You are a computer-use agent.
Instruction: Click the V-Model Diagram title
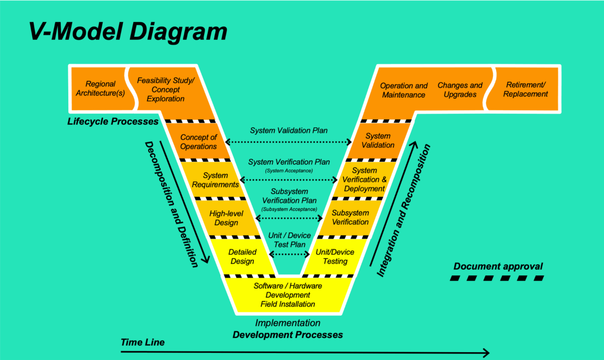[x=128, y=32]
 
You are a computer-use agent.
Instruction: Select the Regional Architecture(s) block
[x=100, y=89]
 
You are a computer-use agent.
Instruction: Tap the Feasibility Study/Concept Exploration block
[x=166, y=90]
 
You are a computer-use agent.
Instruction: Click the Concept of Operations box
[x=198, y=142]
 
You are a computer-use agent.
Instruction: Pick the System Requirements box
[x=216, y=180]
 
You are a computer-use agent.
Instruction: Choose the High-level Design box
[x=226, y=218]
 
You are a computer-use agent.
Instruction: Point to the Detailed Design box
[x=243, y=257]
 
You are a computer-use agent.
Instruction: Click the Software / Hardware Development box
[x=288, y=295]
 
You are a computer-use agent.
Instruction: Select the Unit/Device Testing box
[x=335, y=257]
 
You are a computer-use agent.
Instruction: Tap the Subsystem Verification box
[x=350, y=217]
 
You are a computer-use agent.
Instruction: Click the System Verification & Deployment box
[x=365, y=179]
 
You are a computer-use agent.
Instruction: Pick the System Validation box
[x=378, y=140]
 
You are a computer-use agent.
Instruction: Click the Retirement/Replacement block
[x=525, y=89]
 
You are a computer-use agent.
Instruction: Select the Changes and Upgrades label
[x=460, y=90]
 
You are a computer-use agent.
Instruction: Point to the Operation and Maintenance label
[x=404, y=90]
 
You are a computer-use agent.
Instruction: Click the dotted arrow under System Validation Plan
[x=288, y=142]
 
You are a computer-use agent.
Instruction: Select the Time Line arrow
[x=305, y=352]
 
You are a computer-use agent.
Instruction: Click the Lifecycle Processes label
[x=113, y=122]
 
